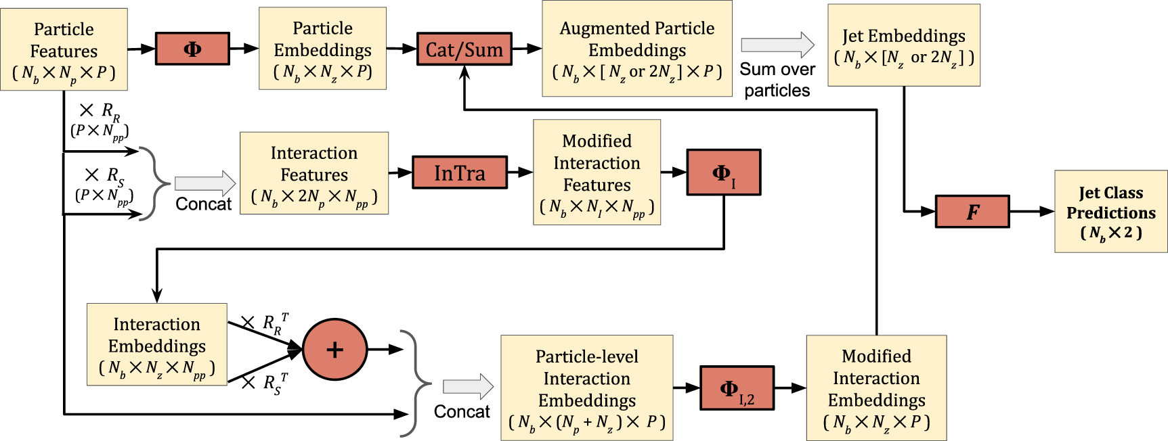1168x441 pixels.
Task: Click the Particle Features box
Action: coord(64,49)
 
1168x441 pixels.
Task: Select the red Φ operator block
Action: coord(192,49)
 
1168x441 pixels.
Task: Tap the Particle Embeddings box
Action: coord(322,49)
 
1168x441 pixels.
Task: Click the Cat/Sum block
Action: coord(464,49)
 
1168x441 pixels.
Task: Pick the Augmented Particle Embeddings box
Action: coord(636,49)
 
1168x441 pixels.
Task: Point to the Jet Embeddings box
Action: coord(903,45)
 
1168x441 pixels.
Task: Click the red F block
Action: coord(972,212)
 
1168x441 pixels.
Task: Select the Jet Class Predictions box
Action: coord(1110,212)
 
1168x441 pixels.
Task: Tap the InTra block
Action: coord(460,173)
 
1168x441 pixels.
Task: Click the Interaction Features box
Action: coord(314,173)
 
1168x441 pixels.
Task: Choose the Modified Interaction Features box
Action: coord(597,172)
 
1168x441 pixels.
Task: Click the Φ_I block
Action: coord(723,173)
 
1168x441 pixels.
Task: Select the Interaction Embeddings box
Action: coord(156,344)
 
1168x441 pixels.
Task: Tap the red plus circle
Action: coord(334,349)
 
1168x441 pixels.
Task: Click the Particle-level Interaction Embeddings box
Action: coord(586,388)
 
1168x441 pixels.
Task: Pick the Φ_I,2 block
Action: coord(736,388)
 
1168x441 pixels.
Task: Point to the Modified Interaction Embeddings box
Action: coord(876,388)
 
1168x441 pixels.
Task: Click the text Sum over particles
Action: coord(777,80)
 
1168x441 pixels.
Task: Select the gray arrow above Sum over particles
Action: coord(777,45)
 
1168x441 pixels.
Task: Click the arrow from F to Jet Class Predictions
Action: coord(1031,212)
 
